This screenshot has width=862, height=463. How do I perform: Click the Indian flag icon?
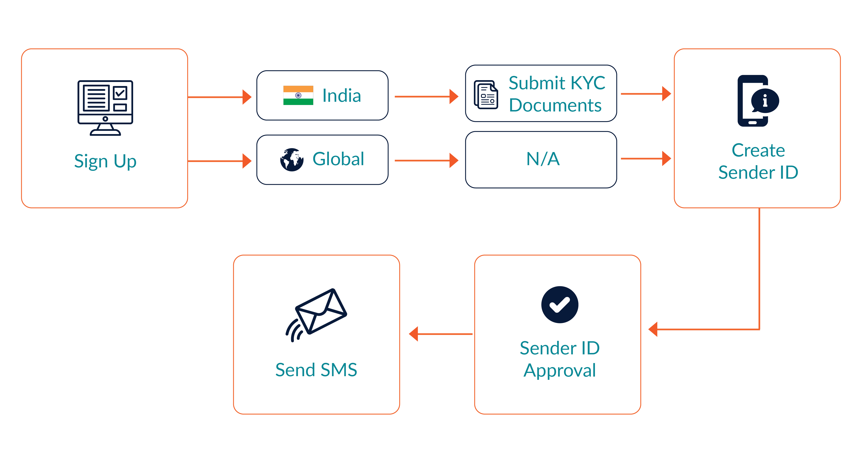[298, 95]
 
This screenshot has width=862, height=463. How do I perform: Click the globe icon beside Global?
[292, 160]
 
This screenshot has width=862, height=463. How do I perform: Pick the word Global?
[338, 159]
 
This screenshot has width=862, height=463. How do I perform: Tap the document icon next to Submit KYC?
[486, 95]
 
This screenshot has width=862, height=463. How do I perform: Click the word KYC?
[588, 83]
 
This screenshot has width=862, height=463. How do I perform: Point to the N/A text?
[543, 159]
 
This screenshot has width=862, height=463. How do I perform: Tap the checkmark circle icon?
[560, 304]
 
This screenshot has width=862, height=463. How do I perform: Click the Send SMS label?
[316, 370]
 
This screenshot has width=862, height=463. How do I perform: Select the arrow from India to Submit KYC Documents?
[426, 97]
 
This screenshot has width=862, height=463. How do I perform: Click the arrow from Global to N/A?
[426, 161]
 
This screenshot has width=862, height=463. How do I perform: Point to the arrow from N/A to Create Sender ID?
[645, 159]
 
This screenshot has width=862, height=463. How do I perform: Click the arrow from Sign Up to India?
[219, 97]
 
